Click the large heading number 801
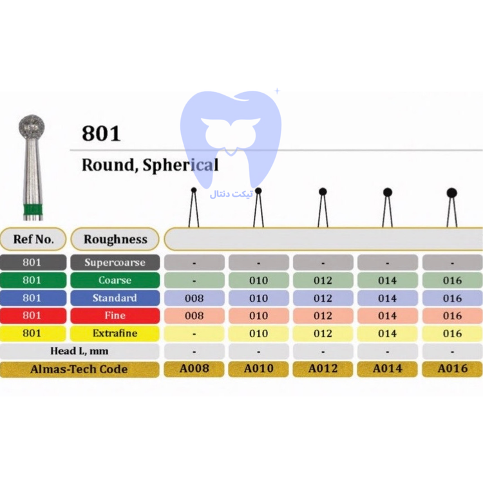click(x=101, y=133)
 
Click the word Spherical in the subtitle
click(x=181, y=165)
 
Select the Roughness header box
click(x=115, y=239)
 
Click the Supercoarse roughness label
click(x=115, y=263)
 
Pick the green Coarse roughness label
click(x=115, y=281)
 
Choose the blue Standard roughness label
click(x=115, y=298)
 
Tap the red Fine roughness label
click(x=115, y=315)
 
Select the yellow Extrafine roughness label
click(x=115, y=333)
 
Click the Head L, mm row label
click(x=79, y=351)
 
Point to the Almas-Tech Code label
click(x=79, y=369)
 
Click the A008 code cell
click(x=194, y=369)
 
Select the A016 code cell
click(x=452, y=369)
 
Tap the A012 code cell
click(x=323, y=369)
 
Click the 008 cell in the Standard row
click(x=194, y=298)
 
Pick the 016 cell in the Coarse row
click(x=452, y=281)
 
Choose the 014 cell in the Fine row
click(x=388, y=315)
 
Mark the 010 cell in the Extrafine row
click(x=258, y=333)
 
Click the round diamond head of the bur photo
click(x=32, y=126)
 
